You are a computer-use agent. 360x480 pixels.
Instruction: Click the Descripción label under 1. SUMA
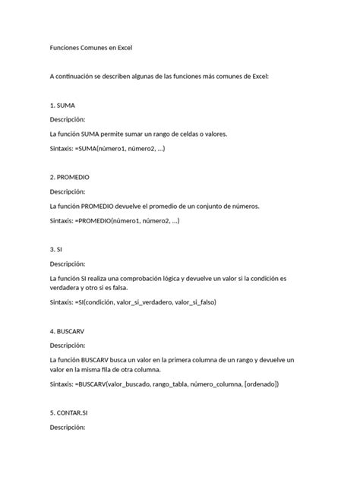pos(68,119)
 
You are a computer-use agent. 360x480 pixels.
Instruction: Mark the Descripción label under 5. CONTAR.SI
pos(68,428)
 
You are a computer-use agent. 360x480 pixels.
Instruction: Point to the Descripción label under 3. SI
pos(68,264)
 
